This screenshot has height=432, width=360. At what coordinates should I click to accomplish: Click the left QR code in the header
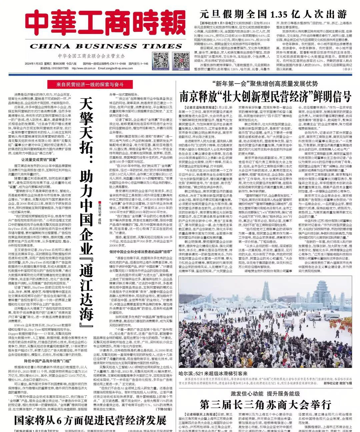pos(161,60)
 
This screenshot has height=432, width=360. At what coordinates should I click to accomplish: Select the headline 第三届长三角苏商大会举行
pos(265,405)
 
